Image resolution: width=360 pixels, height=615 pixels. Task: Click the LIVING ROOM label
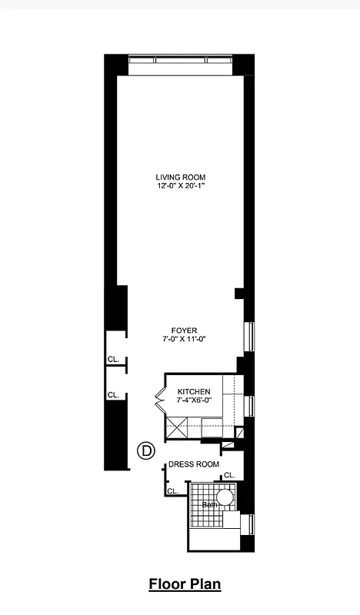point(181,177)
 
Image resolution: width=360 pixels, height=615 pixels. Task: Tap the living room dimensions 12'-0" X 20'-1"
point(181,186)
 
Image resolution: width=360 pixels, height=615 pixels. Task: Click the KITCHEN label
point(193,391)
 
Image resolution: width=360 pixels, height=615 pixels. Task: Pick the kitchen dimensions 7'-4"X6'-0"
point(193,401)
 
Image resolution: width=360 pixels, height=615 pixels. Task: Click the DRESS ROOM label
point(194,464)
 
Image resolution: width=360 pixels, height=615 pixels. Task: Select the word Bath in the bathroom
point(209,504)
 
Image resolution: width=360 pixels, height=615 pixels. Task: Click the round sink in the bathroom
point(225,498)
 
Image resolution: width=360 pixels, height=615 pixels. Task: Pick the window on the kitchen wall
point(248,406)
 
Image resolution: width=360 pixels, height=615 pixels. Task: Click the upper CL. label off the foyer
point(113,359)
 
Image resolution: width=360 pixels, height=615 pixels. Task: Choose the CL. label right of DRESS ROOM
point(229,475)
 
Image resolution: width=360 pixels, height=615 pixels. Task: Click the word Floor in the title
point(165,585)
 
